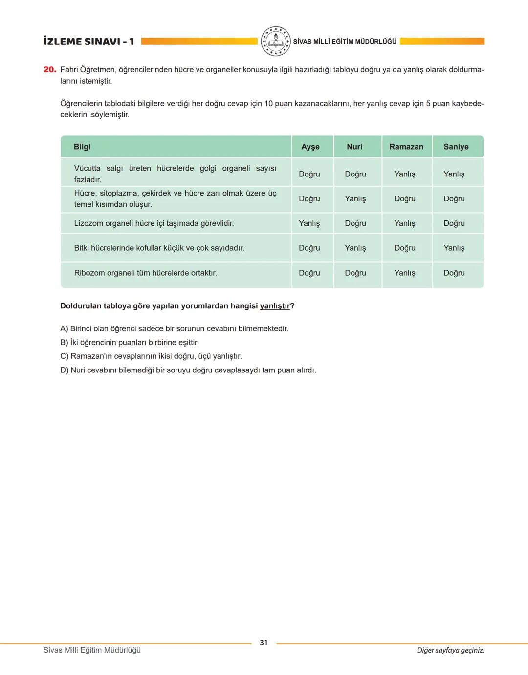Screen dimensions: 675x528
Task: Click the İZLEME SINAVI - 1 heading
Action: coord(88,42)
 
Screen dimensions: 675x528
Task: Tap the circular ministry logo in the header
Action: coord(275,42)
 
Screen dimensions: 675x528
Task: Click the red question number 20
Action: coord(49,70)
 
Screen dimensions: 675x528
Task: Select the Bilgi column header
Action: coord(82,147)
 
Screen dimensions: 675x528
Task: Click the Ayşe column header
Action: coord(310,147)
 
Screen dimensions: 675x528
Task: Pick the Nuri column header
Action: coord(354,147)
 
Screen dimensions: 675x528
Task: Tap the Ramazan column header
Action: coord(406,147)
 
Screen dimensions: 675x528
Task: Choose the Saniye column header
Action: coord(456,147)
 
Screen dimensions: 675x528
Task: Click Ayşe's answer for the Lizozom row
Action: coord(309,223)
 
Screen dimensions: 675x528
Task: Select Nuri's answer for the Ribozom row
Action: coord(355,273)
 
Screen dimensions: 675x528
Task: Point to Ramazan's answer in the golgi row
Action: coord(405,174)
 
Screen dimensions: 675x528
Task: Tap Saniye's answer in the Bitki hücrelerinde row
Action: coord(454,248)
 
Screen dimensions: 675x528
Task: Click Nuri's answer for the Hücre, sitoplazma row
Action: coord(355,199)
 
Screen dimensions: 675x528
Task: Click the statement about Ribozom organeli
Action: coord(145,273)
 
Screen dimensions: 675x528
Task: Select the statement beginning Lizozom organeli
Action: coord(154,223)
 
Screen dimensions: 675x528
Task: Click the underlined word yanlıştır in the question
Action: coord(275,306)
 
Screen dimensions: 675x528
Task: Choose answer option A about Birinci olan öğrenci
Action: coord(174,328)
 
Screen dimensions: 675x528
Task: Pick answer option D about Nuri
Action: coord(188,370)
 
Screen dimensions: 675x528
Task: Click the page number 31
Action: coord(264,643)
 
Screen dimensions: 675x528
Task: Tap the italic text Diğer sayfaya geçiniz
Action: coord(450,650)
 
